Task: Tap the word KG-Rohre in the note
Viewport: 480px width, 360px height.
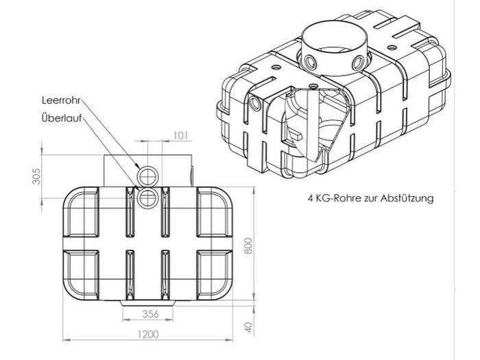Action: point(337,199)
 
